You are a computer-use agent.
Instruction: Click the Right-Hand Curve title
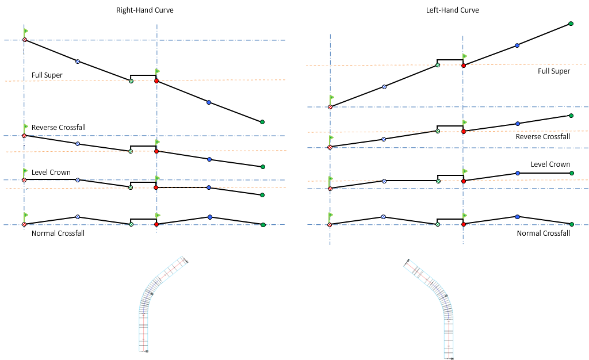pyautogui.click(x=144, y=10)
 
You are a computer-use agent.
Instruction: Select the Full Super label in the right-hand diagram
pyautogui.click(x=47, y=75)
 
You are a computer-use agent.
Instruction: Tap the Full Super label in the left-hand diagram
pyautogui.click(x=554, y=71)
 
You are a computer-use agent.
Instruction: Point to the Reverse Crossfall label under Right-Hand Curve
pyautogui.click(x=59, y=127)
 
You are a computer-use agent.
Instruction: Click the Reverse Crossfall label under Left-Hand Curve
pyautogui.click(x=542, y=137)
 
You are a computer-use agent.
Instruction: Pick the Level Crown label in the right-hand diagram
pyautogui.click(x=51, y=173)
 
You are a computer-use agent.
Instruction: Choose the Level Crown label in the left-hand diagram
pyautogui.click(x=550, y=164)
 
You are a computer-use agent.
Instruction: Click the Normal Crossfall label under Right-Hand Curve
pyautogui.click(x=58, y=233)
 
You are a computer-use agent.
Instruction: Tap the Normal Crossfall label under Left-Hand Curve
pyautogui.click(x=543, y=233)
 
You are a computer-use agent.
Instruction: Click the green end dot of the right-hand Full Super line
pyautogui.click(x=262, y=122)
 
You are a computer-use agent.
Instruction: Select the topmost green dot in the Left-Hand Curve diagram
pyautogui.click(x=571, y=24)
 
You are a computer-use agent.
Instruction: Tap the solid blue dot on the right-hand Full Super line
pyautogui.click(x=209, y=102)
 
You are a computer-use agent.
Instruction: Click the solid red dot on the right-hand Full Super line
pyautogui.click(x=156, y=81)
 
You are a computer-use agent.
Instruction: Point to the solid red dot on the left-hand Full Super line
pyautogui.click(x=464, y=66)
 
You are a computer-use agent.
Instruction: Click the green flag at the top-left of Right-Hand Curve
pyautogui.click(x=25, y=30)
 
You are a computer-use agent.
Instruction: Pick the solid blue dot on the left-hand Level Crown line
pyautogui.click(x=518, y=173)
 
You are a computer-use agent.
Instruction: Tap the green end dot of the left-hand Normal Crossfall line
pyautogui.click(x=571, y=224)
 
